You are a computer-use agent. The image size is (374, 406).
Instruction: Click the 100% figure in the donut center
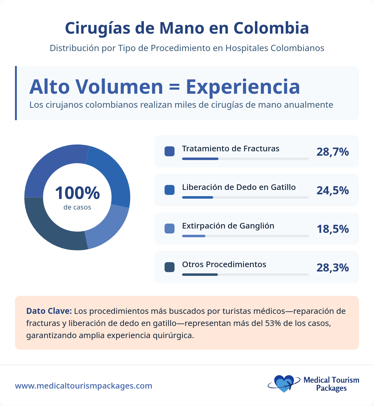(x=77, y=193)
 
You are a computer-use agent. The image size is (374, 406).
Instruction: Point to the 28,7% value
(x=333, y=152)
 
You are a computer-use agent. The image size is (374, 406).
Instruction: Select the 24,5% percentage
(x=333, y=191)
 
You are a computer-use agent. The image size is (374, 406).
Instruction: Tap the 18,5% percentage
(x=333, y=229)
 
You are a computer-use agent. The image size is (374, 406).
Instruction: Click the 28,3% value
(x=333, y=268)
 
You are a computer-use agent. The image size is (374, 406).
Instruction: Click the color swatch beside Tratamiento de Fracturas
(x=170, y=151)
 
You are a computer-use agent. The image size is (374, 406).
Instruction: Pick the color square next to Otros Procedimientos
(x=170, y=267)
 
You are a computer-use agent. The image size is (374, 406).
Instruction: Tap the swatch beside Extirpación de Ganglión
(x=170, y=229)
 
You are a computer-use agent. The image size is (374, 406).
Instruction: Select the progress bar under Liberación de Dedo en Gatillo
(x=245, y=197)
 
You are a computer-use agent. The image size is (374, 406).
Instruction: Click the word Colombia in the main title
(x=271, y=28)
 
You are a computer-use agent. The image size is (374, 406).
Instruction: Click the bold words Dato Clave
(x=49, y=311)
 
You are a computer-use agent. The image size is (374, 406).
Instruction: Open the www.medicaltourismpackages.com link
(x=84, y=386)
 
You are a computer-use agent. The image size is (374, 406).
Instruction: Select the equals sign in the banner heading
(x=175, y=87)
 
